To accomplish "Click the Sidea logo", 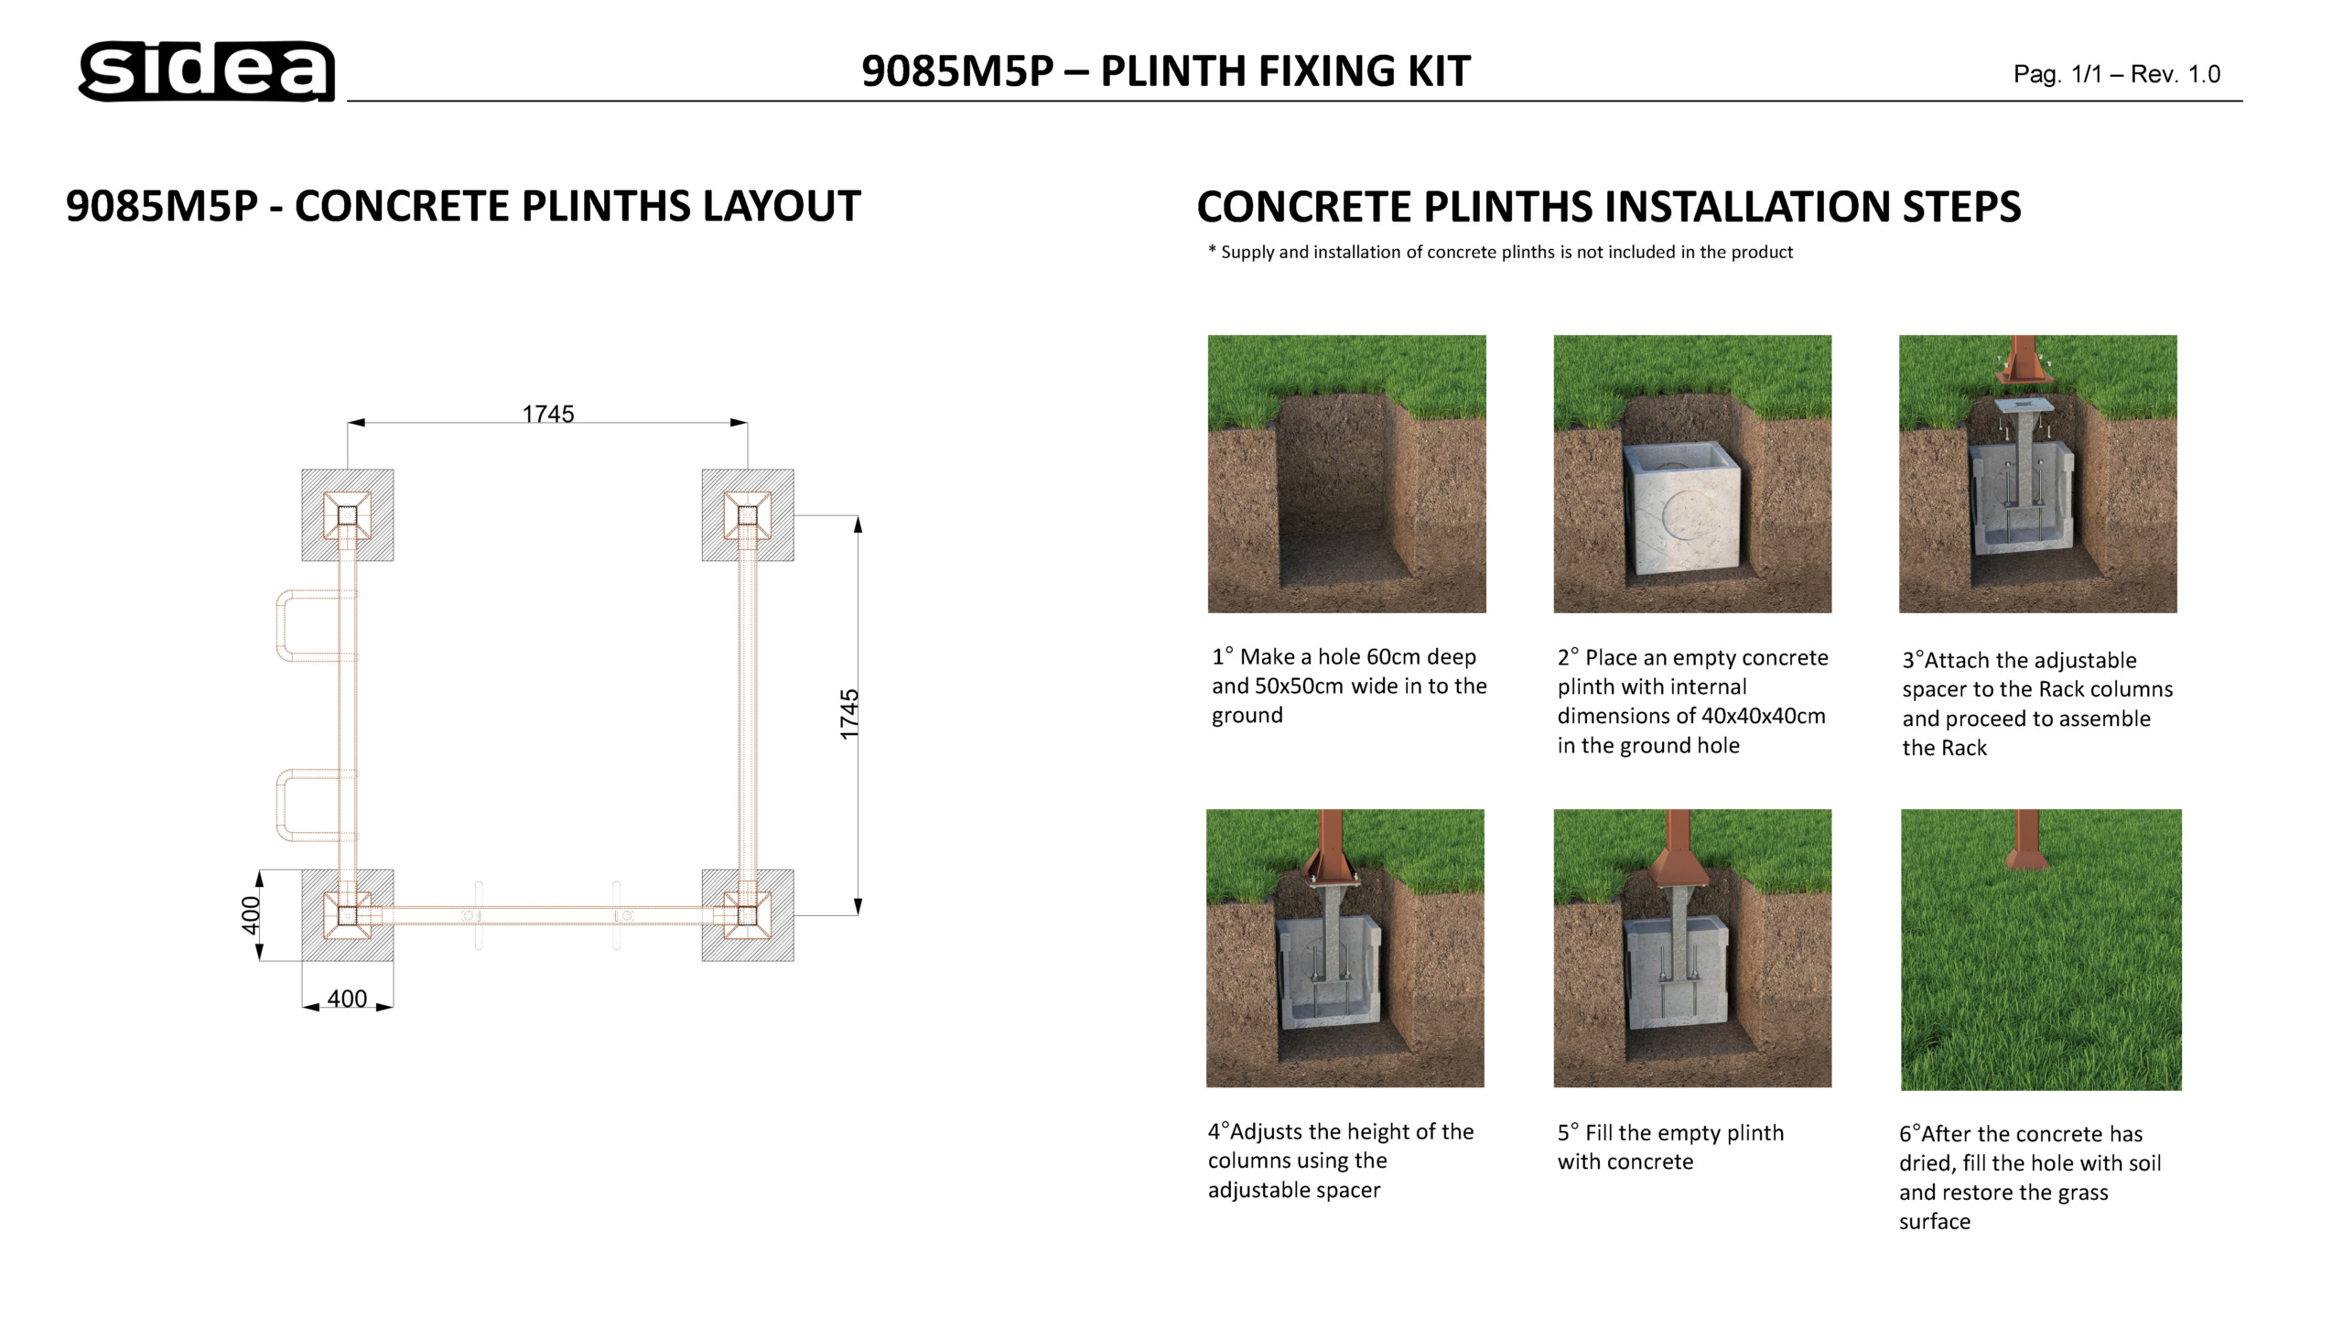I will point(207,70).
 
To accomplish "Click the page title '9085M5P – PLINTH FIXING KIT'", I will point(1165,71).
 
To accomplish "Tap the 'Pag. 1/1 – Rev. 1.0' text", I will point(2116,74).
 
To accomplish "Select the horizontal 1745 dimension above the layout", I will point(547,415).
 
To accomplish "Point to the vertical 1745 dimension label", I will point(849,714).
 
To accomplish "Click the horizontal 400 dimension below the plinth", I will point(347,999).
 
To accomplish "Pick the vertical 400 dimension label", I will point(251,915).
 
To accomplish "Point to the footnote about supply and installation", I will point(1500,253).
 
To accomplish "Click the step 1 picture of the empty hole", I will point(1346,474).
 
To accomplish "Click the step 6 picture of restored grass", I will point(2041,950).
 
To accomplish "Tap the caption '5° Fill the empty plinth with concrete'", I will point(1670,1147).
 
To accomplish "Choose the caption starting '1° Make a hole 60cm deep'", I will point(1348,686).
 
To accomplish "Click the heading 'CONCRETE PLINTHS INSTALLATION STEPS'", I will point(1608,207).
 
